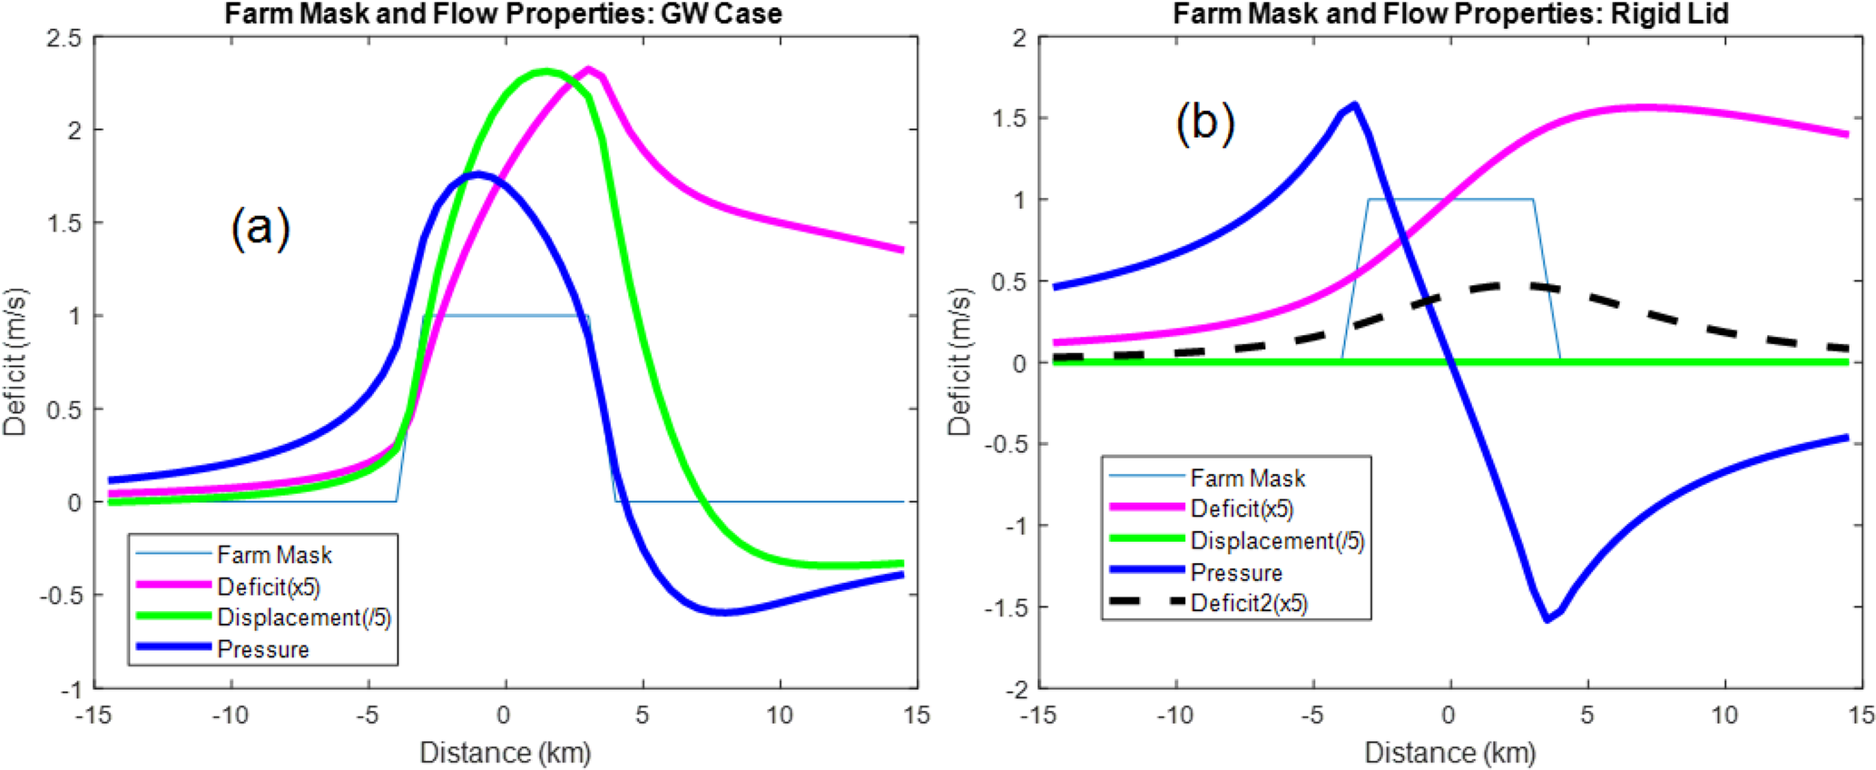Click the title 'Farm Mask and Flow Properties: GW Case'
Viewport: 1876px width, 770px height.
[503, 14]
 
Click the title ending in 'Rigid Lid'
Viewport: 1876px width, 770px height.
[1450, 14]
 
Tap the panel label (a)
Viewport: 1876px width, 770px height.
[260, 227]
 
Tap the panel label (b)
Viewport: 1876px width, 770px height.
[1204, 122]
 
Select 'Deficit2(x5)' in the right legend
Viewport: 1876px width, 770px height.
[1248, 604]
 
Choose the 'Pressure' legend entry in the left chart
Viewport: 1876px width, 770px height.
[262, 649]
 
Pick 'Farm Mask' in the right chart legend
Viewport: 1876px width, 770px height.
[1247, 479]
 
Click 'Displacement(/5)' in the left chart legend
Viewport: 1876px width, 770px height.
[303, 618]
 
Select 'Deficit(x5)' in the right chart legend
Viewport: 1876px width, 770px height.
[1241, 509]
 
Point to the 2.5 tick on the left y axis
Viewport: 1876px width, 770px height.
[64, 39]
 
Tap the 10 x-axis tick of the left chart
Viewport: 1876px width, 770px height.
[780, 716]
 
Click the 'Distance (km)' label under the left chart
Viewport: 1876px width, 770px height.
[505, 753]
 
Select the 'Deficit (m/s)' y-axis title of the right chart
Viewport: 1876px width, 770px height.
[959, 363]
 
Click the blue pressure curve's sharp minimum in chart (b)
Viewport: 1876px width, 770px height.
[1547, 620]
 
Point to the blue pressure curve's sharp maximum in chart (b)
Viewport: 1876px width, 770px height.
[1355, 104]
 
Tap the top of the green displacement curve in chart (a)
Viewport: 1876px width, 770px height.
[545, 72]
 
